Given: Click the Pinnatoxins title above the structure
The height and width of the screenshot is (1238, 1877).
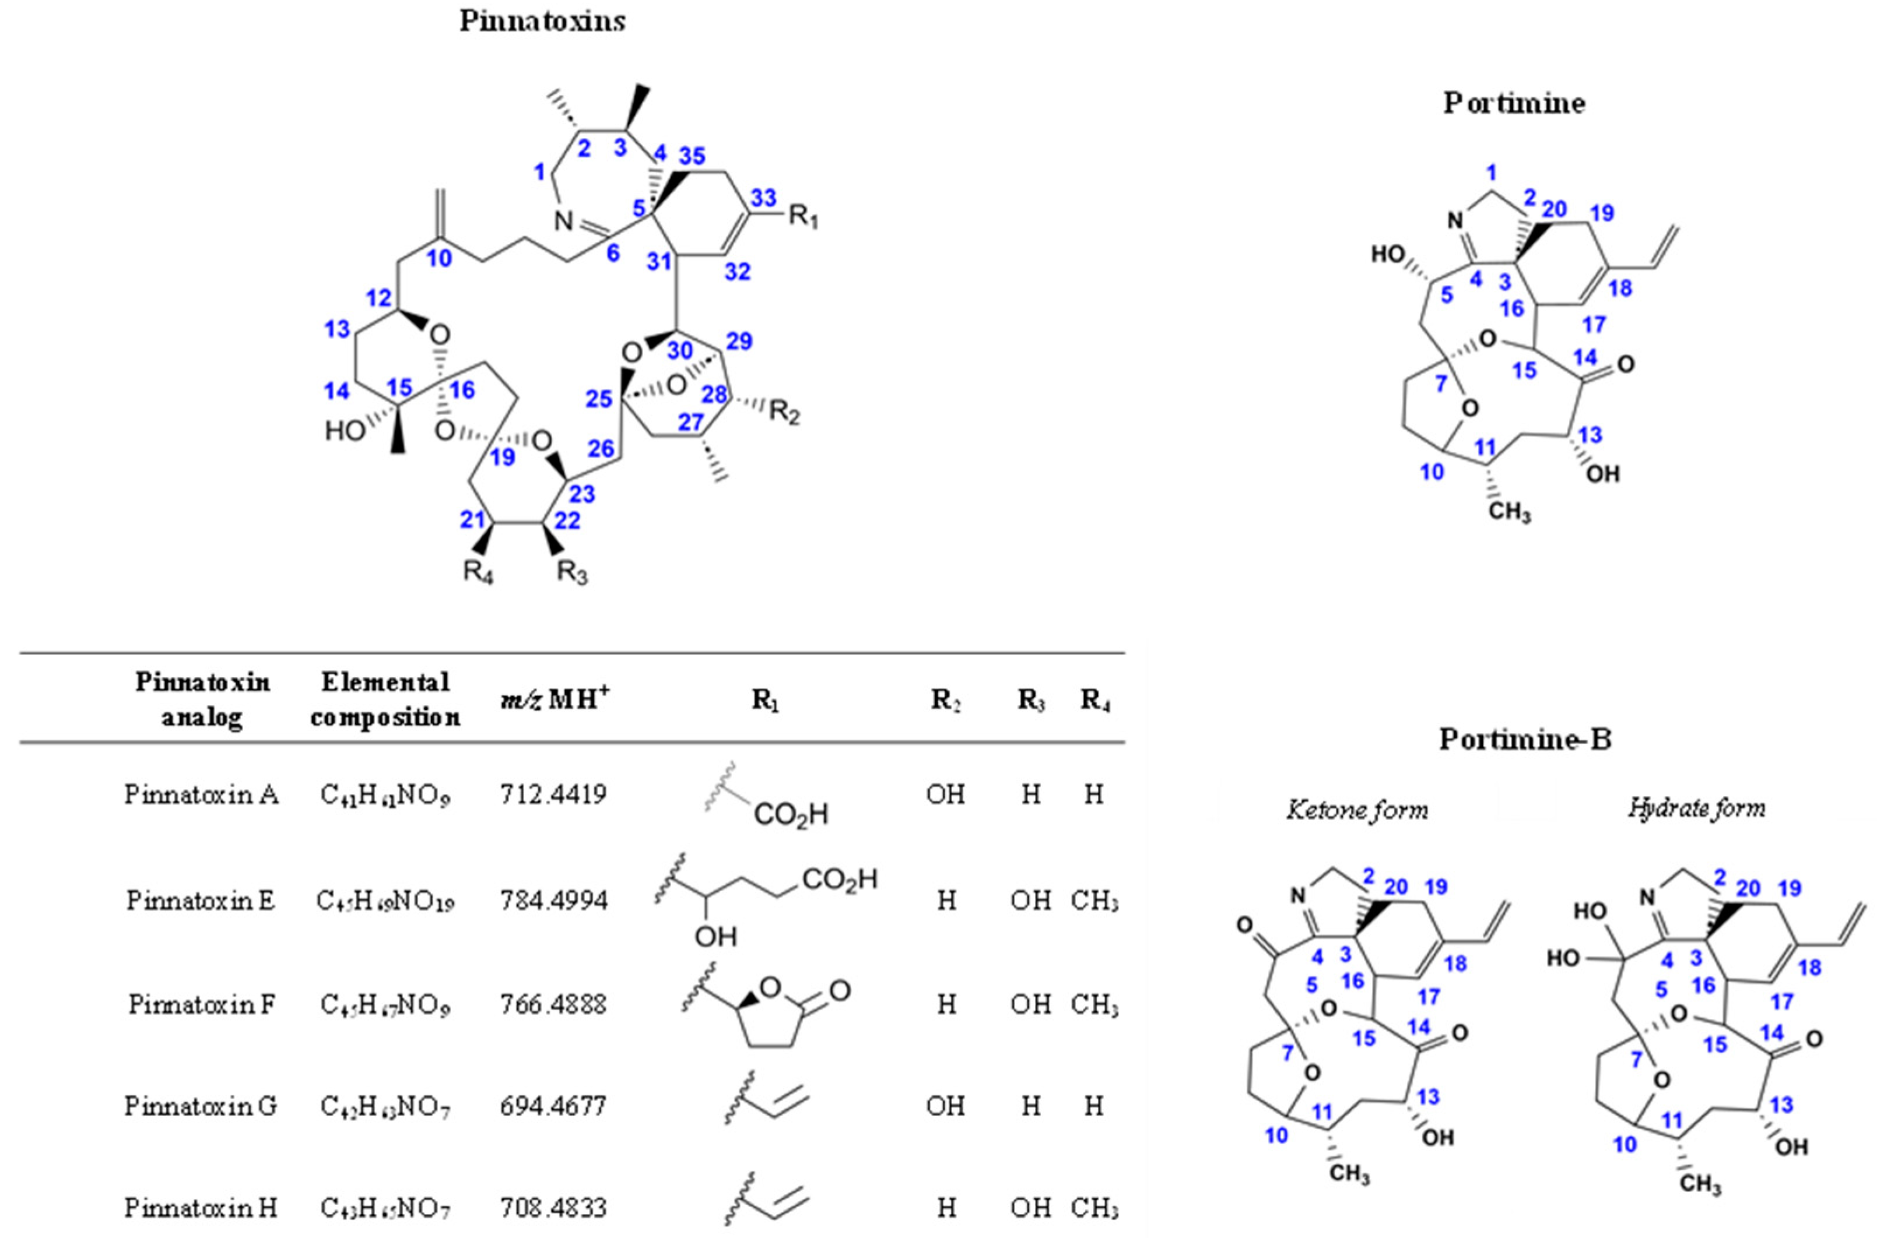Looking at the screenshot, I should click(542, 22).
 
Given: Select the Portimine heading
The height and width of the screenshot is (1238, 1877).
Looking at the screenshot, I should click(1514, 103).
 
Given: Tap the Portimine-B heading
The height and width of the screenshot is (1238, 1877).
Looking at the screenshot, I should click(1525, 739).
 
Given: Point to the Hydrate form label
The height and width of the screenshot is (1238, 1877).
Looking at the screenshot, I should click(1696, 808).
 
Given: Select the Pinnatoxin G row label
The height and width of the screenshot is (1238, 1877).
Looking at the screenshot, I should click(201, 1106).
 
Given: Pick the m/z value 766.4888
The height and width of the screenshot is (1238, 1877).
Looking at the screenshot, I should click(553, 1004).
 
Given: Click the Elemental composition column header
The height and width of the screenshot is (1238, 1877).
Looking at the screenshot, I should click(385, 699).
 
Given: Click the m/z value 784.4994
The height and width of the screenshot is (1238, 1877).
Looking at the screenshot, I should click(553, 900).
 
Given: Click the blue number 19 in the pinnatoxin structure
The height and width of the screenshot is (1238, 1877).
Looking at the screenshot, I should click(502, 456).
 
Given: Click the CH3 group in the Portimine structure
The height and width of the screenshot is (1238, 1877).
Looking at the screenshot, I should click(1509, 512).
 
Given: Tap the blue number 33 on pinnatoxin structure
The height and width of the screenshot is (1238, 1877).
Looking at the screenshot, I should click(764, 198).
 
